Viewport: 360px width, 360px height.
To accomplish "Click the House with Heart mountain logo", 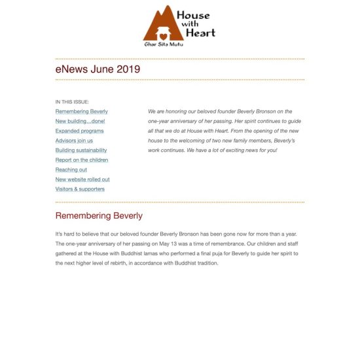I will (161, 25).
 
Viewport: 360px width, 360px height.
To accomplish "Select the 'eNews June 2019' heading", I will (98, 69).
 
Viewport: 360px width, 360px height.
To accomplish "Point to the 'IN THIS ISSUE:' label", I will (72, 102).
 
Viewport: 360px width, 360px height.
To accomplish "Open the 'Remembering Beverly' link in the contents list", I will (82, 112).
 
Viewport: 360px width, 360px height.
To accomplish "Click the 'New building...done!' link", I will (80, 121).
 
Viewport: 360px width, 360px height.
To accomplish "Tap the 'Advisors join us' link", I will (74, 141).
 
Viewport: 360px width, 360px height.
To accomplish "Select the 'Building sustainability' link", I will (81, 150).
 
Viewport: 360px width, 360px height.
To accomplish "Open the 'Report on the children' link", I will (82, 160).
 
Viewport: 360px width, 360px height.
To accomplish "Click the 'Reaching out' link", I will (71, 170).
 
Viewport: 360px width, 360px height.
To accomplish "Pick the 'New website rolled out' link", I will (82, 179).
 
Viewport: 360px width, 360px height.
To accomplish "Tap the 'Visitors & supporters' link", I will (80, 189).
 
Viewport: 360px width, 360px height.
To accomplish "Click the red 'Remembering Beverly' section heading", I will (99, 215).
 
